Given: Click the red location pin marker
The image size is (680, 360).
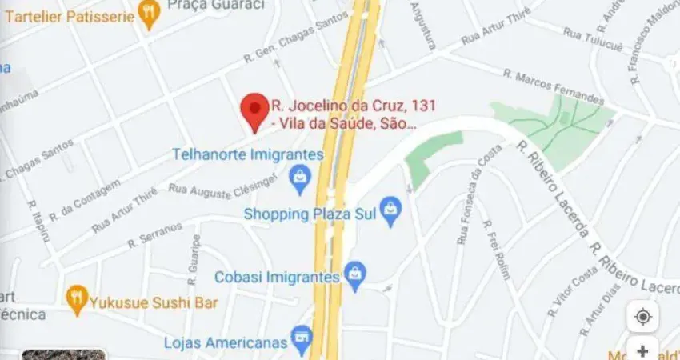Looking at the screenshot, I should pos(255,110).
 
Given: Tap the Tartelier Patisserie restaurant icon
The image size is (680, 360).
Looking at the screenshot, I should pos(149,12).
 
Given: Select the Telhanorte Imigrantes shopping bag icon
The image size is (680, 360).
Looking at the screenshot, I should pos(300,179).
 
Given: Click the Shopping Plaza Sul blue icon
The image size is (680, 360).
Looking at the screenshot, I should pos(390,212).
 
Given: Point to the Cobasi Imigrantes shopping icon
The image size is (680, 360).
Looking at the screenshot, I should pos(355,276).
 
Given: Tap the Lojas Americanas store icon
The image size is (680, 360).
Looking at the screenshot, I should pos(302,339).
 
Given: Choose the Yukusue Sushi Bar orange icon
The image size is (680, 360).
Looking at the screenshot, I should pos(77,302).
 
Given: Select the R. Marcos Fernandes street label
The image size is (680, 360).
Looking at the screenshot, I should pos(554,87).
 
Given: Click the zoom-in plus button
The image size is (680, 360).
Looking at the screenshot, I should pos(642,350).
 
